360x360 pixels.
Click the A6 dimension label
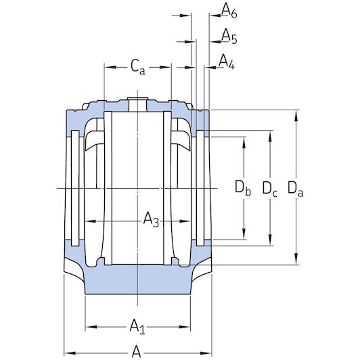(229, 11)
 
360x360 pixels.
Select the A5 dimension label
(229, 37)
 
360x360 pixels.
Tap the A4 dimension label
(226, 62)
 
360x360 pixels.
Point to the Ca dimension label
(137, 66)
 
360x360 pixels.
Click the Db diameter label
(242, 188)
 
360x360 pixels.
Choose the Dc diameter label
(270, 188)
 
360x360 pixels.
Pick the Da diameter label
(296, 188)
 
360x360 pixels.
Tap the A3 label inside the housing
(151, 220)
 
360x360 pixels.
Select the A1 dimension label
(137, 328)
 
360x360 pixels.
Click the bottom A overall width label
(137, 352)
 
